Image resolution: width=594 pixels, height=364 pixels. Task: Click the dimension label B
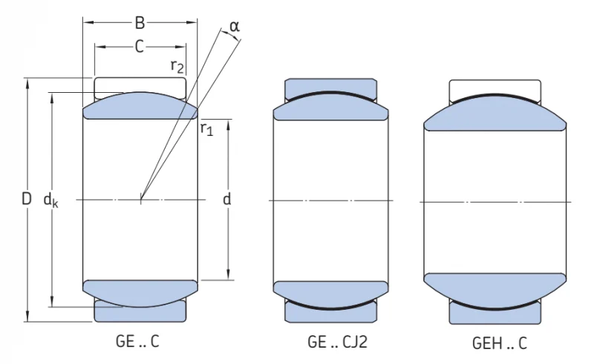[x=140, y=23]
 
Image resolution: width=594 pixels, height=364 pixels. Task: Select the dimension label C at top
[x=140, y=47]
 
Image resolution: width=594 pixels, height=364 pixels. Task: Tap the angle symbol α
[x=235, y=27]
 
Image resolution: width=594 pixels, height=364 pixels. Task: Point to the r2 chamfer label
[x=177, y=66]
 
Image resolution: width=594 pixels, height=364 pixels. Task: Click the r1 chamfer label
[x=207, y=129]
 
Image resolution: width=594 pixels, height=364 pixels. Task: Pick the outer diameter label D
[x=26, y=198]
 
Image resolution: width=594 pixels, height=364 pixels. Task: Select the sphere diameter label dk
[x=50, y=200]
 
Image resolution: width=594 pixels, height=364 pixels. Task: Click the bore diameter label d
[x=226, y=198]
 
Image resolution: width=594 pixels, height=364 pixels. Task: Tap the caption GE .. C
[x=137, y=342]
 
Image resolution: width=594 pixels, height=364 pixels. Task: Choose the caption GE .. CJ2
[x=338, y=342]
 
